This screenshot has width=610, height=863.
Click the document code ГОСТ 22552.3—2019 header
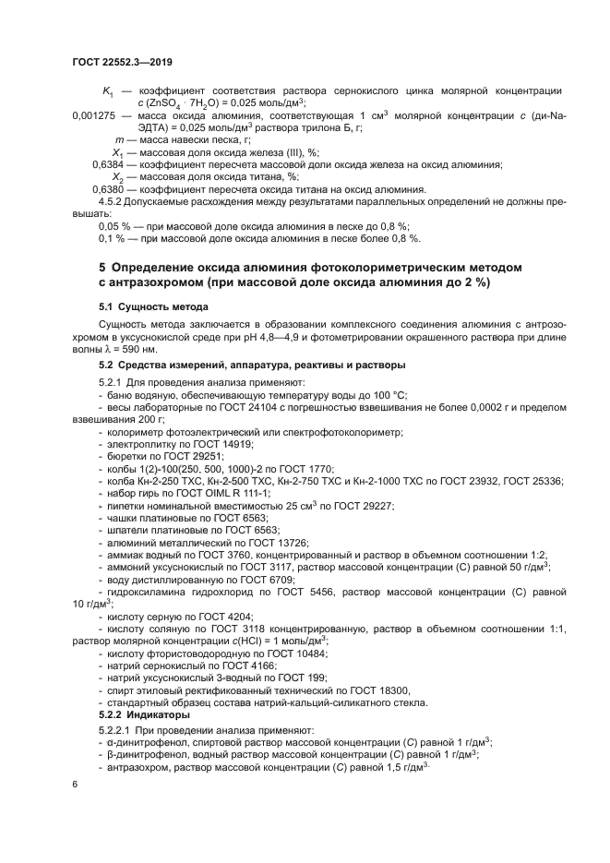[123, 62]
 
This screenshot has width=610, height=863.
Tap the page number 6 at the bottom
[75, 784]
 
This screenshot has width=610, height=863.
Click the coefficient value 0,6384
[110, 163]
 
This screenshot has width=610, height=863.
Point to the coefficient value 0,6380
[110, 188]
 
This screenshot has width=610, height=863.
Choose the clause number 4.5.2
[113, 200]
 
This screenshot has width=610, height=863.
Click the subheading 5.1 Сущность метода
[153, 306]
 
